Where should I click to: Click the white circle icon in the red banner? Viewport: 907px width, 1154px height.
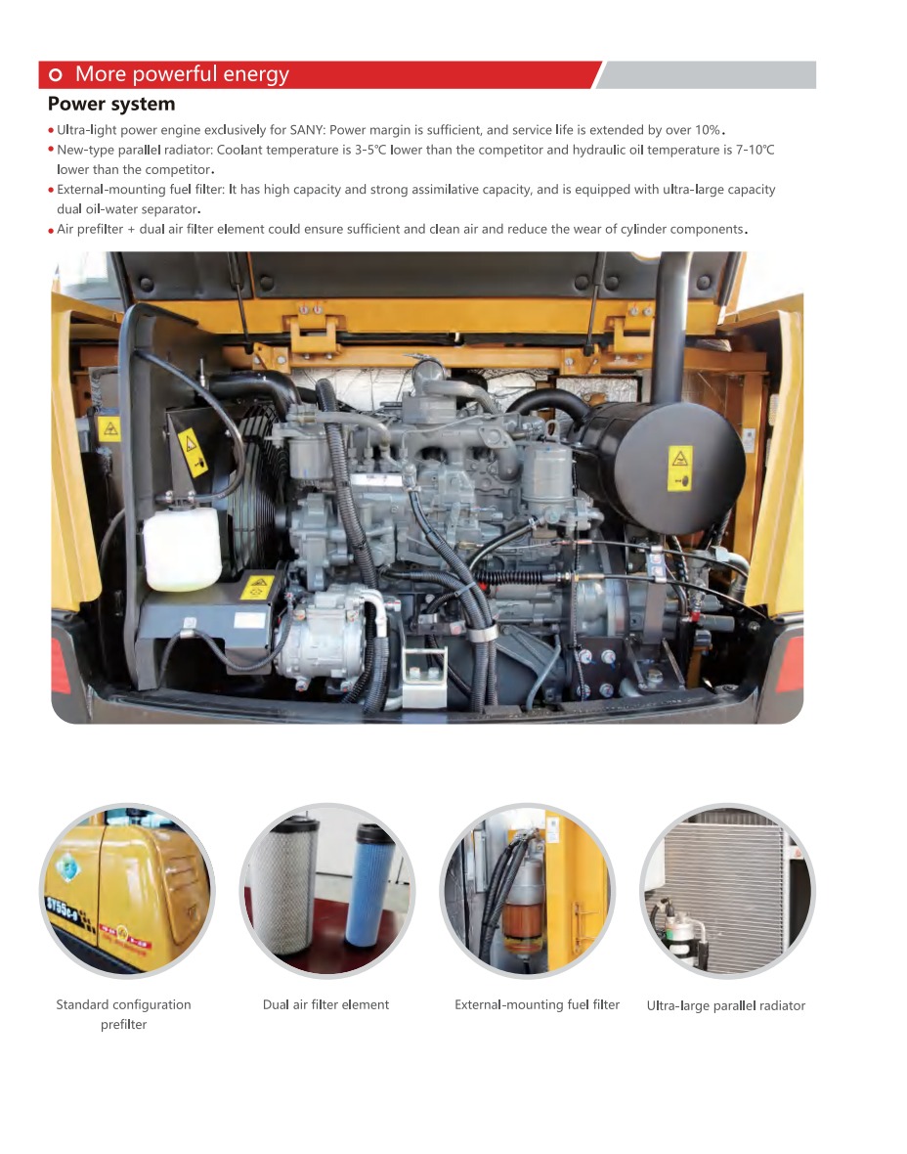pyautogui.click(x=55, y=74)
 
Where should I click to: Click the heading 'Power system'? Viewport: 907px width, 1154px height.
pyautogui.click(x=111, y=104)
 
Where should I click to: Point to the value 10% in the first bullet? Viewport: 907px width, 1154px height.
pyautogui.click(x=708, y=130)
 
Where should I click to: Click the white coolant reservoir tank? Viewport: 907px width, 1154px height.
pyautogui.click(x=182, y=547)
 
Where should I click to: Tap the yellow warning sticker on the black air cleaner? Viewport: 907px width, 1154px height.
pyautogui.click(x=679, y=468)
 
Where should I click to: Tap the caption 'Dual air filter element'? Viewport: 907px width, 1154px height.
pyautogui.click(x=325, y=1004)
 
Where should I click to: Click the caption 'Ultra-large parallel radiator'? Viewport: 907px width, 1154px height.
pyautogui.click(x=726, y=1005)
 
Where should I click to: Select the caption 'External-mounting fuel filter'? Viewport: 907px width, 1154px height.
pyautogui.click(x=537, y=1004)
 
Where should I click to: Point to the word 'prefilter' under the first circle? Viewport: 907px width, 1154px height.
pyautogui.click(x=123, y=1025)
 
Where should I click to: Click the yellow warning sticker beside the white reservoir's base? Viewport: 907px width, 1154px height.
pyautogui.click(x=257, y=588)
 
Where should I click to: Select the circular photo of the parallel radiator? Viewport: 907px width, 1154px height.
pyautogui.click(x=727, y=891)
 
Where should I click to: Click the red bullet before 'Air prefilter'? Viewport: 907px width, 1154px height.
pyautogui.click(x=51, y=231)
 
